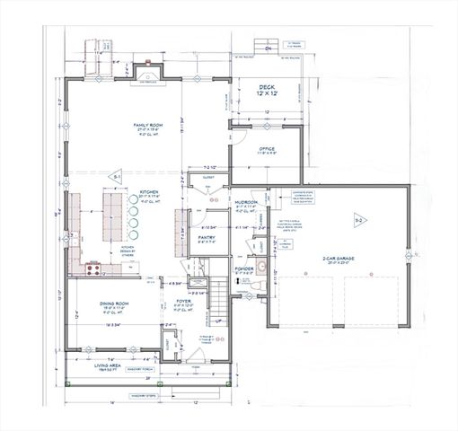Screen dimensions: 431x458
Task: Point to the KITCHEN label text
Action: point(149,192)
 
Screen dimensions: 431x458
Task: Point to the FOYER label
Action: point(184,303)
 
